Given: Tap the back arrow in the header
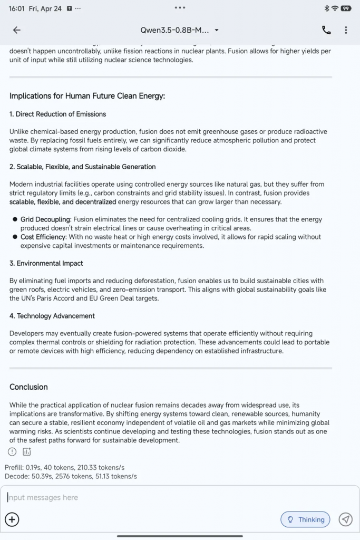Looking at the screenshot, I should pyautogui.click(x=17, y=30).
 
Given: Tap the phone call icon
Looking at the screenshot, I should pyautogui.click(x=326, y=30).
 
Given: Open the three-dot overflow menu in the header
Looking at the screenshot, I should pyautogui.click(x=346, y=30).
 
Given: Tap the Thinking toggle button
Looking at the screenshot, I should pyautogui.click(x=306, y=519).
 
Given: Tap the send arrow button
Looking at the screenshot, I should pyautogui.click(x=345, y=519).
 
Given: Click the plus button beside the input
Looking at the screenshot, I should pyautogui.click(x=12, y=519).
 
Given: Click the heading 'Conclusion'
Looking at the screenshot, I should pyautogui.click(x=28, y=387).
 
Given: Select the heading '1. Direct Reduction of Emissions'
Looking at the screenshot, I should pyautogui.click(x=57, y=114).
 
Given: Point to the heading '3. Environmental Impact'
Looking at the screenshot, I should pyautogui.click(x=46, y=263).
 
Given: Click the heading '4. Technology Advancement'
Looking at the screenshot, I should pyautogui.click(x=52, y=316).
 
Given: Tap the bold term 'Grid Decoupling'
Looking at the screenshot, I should pyautogui.click(x=45, y=219).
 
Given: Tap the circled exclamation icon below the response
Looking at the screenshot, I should pyautogui.click(x=12, y=451).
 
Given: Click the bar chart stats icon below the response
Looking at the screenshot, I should pyautogui.click(x=27, y=451).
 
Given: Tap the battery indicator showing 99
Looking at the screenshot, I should pyautogui.click(x=346, y=8).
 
